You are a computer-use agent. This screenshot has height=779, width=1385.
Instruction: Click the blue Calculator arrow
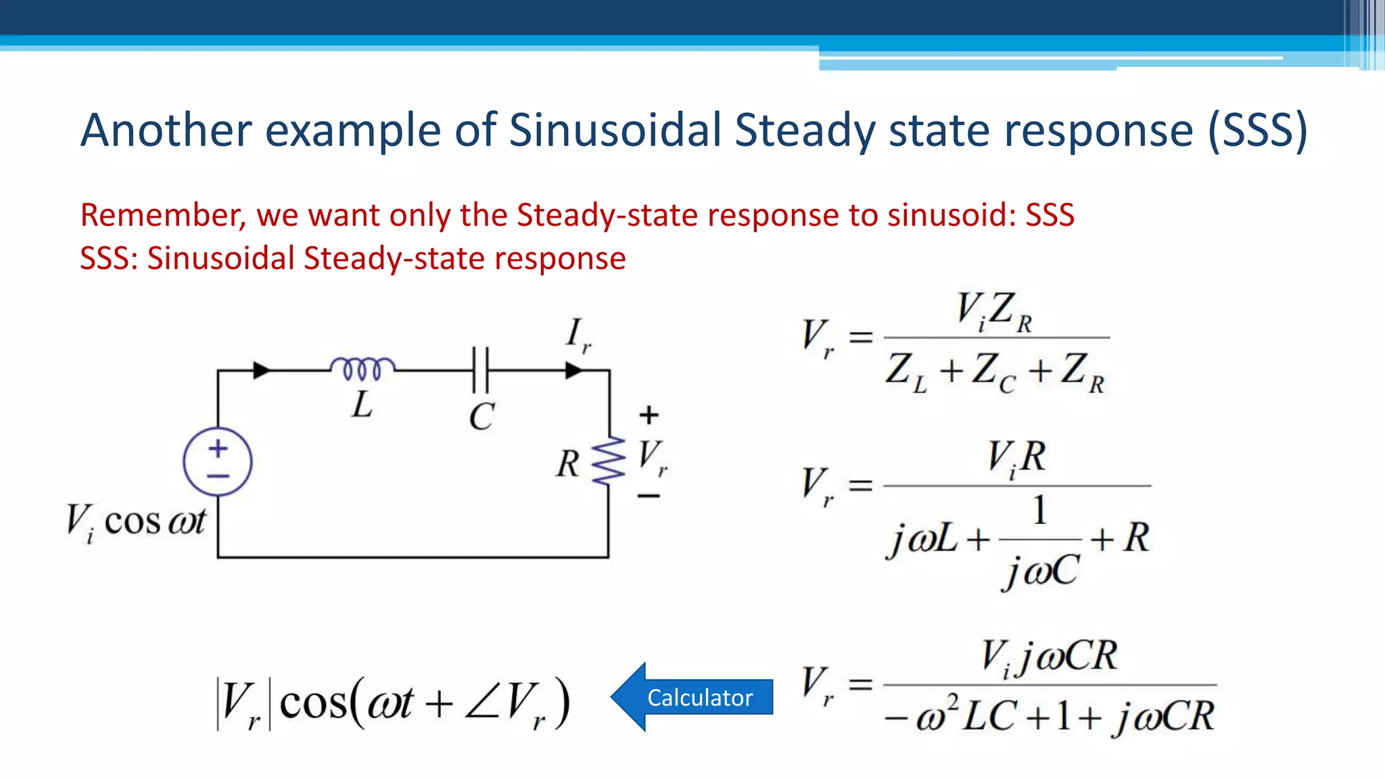pos(693,697)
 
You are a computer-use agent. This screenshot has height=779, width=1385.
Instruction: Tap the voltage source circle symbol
pos(218,462)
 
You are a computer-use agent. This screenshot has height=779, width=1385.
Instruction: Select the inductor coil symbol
pos(363,369)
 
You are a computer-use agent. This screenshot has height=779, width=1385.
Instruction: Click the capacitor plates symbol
pos(481,370)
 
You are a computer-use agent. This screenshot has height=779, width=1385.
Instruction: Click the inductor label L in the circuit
pos(362,405)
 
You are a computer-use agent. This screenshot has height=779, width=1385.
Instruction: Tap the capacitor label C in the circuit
pos(482,417)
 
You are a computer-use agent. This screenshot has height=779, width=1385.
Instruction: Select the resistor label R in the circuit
pos(567,465)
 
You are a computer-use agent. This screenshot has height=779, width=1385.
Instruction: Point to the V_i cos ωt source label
pos(135,523)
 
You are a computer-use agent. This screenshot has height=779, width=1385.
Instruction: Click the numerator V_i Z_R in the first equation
pos(994,312)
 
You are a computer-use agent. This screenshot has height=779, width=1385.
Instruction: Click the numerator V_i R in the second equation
pos(1016,458)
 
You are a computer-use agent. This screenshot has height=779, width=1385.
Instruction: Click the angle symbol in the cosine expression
pos(482,703)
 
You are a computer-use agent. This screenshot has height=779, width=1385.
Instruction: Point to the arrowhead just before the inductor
pos(262,370)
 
